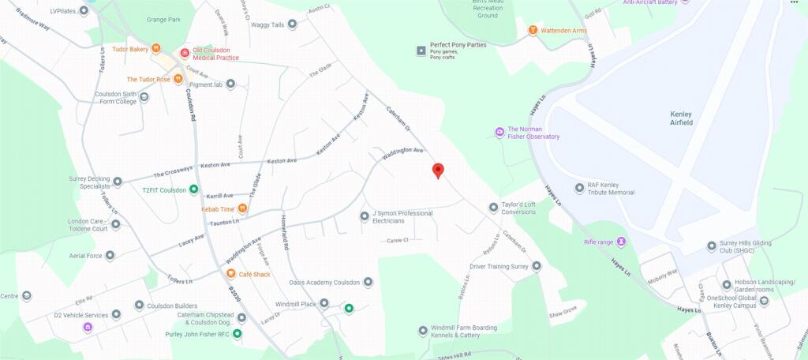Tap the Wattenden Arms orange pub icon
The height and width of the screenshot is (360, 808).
[533, 31]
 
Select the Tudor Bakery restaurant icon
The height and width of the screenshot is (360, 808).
[156, 49]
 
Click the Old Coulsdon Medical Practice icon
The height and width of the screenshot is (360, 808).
[185, 54]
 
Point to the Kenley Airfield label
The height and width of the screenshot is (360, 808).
[680, 118]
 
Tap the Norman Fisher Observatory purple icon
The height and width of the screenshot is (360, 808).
[499, 132]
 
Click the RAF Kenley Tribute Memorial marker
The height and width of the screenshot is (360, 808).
[579, 188]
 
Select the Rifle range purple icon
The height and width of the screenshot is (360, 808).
[621, 241]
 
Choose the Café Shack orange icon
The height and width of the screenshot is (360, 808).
[230, 274]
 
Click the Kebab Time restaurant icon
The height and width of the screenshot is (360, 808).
[243, 209]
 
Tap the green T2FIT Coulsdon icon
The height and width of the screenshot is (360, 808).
[193, 190]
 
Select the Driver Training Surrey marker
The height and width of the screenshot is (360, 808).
[537, 267]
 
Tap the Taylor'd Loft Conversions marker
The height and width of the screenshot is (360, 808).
[494, 208]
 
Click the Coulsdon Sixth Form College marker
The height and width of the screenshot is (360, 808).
[144, 98]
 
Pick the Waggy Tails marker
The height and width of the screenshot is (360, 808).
[292, 25]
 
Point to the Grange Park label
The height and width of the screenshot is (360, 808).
[163, 19]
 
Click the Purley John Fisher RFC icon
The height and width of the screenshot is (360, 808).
[237, 334]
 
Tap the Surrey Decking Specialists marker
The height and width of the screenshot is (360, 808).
[118, 182]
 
